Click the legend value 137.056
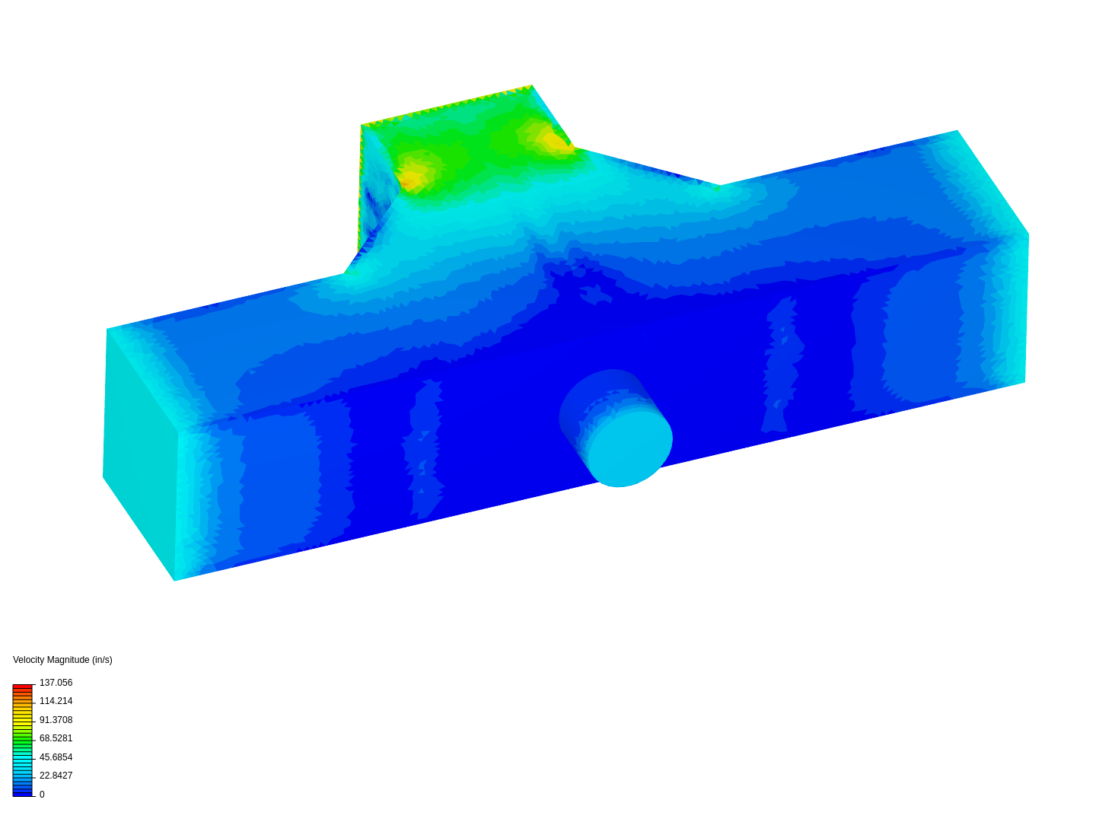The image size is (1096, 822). click(56, 682)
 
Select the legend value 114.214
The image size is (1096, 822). click(56, 701)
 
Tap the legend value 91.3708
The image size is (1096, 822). click(56, 720)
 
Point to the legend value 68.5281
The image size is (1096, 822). click(56, 738)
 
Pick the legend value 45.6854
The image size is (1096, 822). click(56, 757)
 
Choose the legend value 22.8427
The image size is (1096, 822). click(56, 775)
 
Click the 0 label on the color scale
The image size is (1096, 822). click(42, 794)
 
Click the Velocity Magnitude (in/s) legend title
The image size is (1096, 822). click(62, 660)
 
